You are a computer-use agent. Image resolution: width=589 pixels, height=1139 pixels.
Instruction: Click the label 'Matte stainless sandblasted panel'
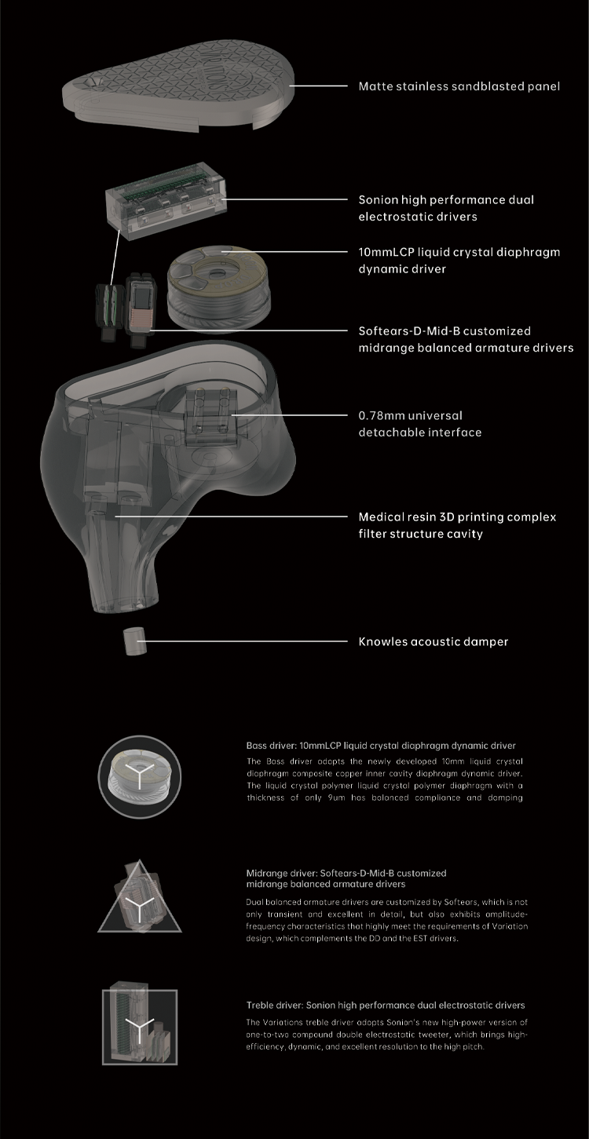[459, 86]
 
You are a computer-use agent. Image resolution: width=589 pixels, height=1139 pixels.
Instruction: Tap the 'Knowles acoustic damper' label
[434, 641]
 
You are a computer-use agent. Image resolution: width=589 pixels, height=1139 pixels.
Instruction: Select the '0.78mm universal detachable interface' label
[419, 424]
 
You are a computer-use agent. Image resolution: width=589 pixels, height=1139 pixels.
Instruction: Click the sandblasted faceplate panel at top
[178, 86]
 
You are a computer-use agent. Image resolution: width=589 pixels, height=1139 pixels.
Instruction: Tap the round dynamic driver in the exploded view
[218, 287]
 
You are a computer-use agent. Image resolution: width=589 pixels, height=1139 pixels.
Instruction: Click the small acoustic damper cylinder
[135, 641]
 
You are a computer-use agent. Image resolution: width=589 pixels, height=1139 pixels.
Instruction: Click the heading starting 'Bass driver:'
[380, 746]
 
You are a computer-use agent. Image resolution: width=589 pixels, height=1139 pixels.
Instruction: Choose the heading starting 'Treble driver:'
[386, 1005]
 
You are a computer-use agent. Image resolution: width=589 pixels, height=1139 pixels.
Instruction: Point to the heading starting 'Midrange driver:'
[346, 878]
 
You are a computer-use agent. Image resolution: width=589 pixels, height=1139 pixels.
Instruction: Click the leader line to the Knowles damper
[242, 641]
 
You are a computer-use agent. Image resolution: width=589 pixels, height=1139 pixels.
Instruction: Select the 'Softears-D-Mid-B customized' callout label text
[444, 331]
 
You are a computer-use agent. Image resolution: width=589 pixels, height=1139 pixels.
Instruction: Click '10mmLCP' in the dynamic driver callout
[386, 252]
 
